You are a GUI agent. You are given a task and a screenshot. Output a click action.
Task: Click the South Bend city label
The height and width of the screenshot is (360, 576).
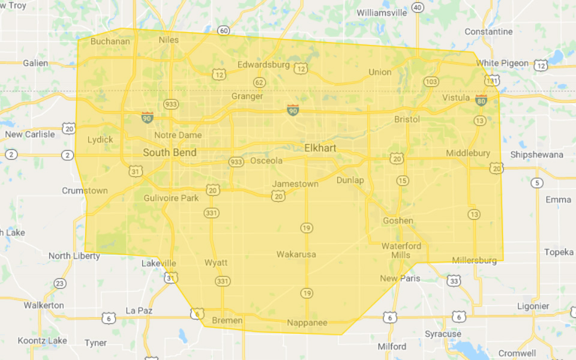[169, 153]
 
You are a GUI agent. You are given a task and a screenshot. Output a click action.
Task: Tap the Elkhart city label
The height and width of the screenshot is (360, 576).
[320, 148]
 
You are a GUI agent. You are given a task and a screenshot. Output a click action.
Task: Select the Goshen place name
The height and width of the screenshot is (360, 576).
[398, 220]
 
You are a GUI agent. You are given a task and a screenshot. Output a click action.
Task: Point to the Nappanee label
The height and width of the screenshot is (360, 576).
[307, 323]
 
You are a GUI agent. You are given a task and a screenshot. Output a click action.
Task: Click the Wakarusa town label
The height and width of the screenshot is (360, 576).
[296, 254]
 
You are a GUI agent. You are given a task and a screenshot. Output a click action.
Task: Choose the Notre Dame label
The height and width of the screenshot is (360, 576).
[178, 135]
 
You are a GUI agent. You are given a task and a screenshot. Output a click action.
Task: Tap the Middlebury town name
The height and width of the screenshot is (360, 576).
[468, 153]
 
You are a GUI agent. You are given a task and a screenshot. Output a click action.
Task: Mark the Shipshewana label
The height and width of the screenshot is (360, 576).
[536, 154]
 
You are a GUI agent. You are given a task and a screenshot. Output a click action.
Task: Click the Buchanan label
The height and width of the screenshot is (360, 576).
[110, 41]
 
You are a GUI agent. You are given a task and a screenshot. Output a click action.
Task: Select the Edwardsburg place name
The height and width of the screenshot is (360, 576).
[263, 64]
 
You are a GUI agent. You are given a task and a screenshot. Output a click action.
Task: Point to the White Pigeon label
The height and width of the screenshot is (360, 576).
[502, 63]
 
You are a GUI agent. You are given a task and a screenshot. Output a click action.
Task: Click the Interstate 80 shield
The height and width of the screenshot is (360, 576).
[481, 100]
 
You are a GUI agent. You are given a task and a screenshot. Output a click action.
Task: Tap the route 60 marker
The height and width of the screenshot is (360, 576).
[224, 31]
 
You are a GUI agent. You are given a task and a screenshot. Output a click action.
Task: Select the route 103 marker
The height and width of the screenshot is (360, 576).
[431, 82]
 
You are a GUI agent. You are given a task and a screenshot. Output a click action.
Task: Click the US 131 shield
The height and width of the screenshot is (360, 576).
[492, 80]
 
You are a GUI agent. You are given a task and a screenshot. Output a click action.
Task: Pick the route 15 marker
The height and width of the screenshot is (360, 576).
[402, 181]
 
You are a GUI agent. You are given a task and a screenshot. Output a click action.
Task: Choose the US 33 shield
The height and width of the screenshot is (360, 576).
[454, 281]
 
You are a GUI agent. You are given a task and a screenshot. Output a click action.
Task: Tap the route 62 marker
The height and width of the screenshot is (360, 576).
[259, 82]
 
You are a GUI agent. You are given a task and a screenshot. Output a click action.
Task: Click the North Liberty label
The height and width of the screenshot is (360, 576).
[74, 256]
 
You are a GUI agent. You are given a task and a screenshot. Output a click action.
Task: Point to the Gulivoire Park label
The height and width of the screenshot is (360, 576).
[171, 198]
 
